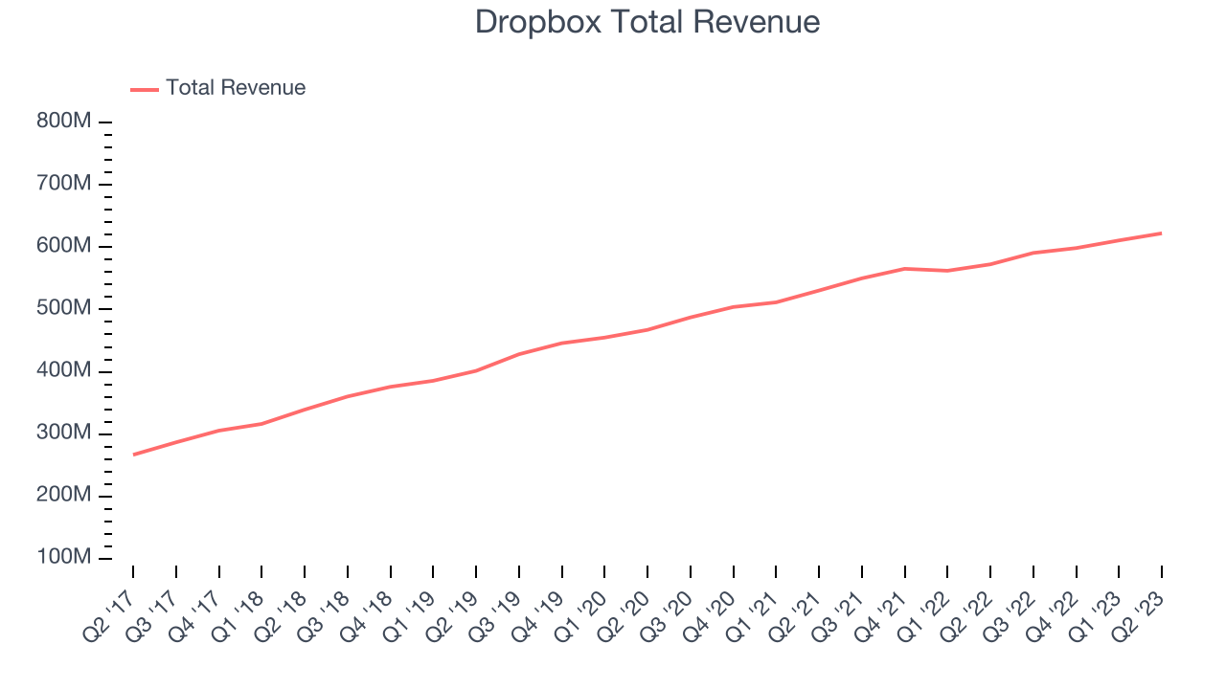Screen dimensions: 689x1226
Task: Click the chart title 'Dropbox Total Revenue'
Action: tap(647, 22)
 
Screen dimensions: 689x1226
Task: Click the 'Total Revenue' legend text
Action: tap(236, 88)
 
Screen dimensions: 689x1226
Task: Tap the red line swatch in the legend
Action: tap(145, 89)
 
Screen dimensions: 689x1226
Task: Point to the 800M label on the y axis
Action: tap(64, 122)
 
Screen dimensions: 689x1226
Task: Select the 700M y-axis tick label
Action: tap(64, 185)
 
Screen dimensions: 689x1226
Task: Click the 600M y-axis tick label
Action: tap(64, 247)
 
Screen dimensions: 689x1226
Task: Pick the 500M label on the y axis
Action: tap(64, 309)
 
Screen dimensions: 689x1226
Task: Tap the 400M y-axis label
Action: tap(64, 371)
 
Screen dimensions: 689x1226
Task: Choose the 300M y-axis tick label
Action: tap(64, 433)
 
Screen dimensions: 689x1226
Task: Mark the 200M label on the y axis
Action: tap(64, 496)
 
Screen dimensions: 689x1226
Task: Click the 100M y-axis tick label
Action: tap(64, 558)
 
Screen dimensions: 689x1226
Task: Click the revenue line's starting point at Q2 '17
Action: tap(133, 455)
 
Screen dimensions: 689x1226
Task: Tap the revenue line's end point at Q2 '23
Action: tap(1162, 233)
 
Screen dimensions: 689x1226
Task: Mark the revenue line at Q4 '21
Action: tap(905, 269)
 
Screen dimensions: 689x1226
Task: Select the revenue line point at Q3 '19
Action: tap(519, 354)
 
